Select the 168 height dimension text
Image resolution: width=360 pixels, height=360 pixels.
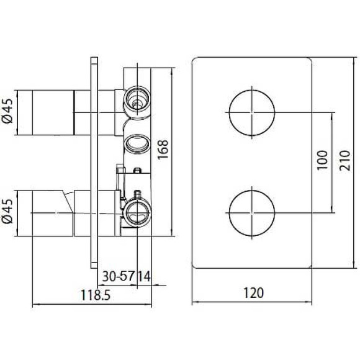163,150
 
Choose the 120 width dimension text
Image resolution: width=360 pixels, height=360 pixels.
252,290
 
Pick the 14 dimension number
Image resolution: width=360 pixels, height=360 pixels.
144,275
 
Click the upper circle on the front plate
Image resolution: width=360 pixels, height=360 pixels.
252,112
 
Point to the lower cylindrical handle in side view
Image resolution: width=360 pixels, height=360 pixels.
50,213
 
